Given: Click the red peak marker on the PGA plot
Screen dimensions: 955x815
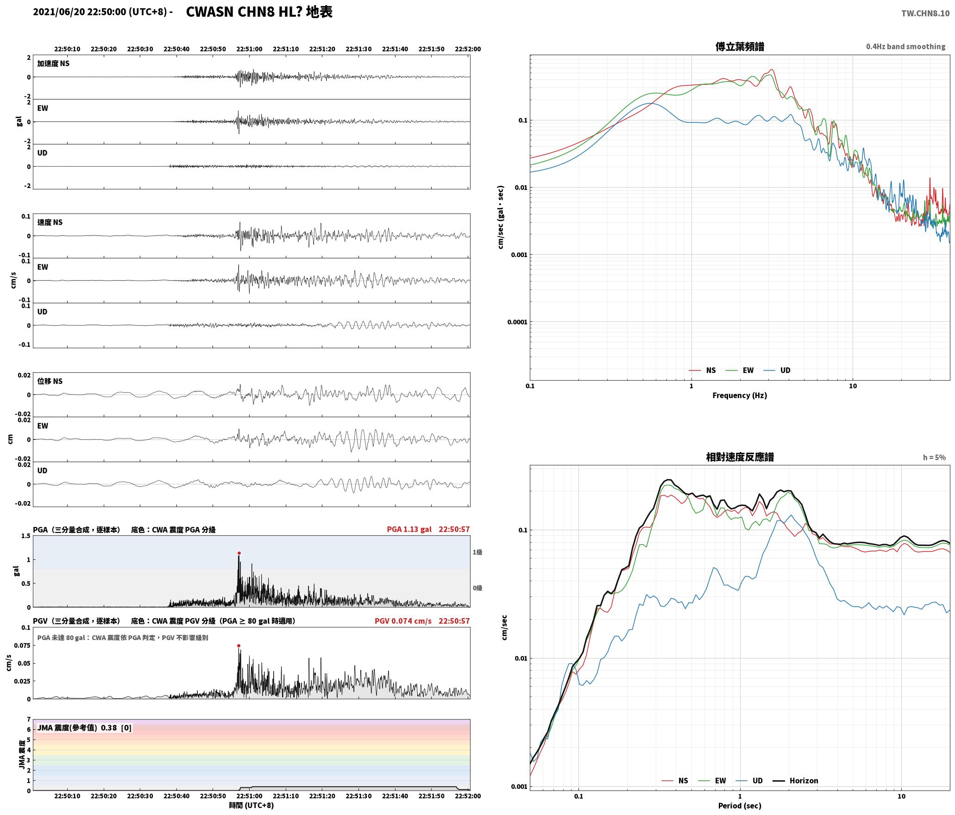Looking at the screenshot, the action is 239,553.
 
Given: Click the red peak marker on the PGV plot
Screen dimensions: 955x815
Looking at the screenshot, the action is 239,646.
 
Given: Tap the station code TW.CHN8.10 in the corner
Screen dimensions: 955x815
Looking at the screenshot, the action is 925,13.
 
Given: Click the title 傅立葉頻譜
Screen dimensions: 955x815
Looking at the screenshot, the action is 740,46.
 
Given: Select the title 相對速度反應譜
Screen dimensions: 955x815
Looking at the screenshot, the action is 740,457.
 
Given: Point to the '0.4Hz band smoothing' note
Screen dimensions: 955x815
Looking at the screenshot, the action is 905,46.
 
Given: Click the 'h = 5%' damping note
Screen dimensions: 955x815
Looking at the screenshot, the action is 934,458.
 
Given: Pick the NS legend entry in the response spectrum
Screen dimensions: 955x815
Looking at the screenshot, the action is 675,781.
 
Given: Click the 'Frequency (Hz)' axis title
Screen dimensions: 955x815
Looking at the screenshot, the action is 740,395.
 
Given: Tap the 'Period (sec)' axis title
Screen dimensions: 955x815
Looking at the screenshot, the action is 740,806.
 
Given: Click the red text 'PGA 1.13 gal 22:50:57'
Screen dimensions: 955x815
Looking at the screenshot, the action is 428,529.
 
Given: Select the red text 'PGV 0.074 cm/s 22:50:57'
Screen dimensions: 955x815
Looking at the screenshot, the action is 422,621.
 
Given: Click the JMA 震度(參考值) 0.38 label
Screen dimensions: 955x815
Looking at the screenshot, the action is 85,727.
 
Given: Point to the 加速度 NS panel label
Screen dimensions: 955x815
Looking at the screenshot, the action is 53,63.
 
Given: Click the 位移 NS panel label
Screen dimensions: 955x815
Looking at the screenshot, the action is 50,381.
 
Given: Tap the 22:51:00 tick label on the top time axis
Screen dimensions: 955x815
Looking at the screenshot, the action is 249,49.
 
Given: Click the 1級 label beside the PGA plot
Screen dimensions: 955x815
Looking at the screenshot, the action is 477,552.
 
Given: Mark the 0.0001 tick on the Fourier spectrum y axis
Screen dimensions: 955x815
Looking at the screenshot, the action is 517,322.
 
